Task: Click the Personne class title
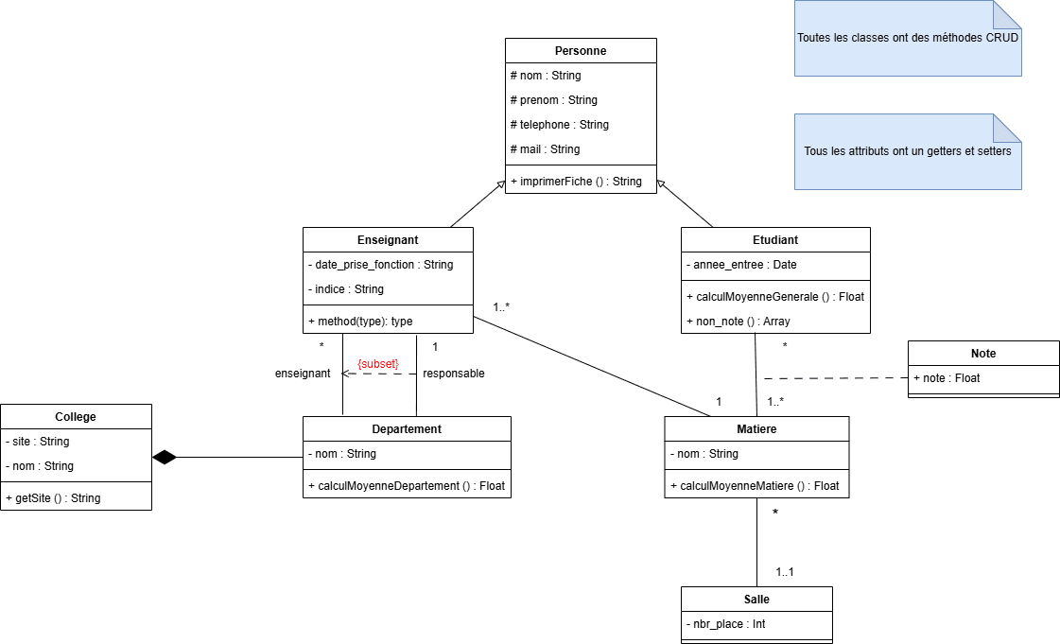[x=581, y=50]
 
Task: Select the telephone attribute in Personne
[x=560, y=125]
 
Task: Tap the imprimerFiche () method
[x=576, y=182]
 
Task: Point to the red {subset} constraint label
[x=377, y=363]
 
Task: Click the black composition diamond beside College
[x=165, y=458]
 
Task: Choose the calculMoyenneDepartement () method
[x=407, y=486]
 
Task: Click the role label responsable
[x=453, y=374]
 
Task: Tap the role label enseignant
[x=303, y=374]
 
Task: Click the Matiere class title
[x=756, y=428]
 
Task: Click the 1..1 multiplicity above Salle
[x=785, y=572]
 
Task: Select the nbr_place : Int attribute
[x=725, y=624]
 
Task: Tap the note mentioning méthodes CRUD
[x=908, y=39]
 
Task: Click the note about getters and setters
[x=908, y=151]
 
